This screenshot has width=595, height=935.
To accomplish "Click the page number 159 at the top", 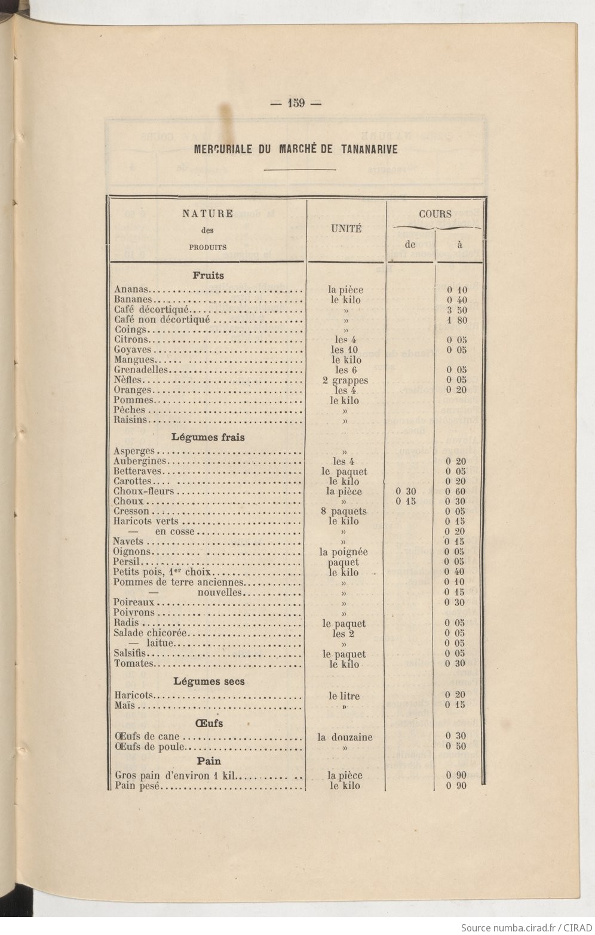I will click(296, 103).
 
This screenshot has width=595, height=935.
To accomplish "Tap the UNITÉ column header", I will click(346, 229).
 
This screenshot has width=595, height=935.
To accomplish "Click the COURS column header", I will click(435, 214).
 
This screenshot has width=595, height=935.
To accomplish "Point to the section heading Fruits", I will click(208, 276).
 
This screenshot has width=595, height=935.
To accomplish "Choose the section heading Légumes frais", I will click(208, 437).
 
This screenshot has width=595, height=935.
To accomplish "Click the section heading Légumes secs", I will click(209, 681).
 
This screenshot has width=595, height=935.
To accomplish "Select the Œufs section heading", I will click(208, 723).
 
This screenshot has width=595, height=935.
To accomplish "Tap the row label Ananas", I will click(131, 290).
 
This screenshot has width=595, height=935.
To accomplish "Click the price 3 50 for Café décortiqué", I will click(457, 310).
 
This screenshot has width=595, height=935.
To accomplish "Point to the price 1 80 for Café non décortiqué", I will click(457, 320).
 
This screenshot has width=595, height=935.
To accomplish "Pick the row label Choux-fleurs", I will click(144, 491).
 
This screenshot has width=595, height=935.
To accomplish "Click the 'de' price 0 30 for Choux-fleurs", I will click(406, 491).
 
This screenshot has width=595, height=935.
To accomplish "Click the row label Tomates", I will click(134, 663).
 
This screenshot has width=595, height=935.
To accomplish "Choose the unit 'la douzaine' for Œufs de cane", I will click(345, 737).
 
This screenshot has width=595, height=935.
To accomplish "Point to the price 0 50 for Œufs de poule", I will click(456, 746).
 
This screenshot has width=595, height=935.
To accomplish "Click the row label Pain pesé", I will click(137, 786).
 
